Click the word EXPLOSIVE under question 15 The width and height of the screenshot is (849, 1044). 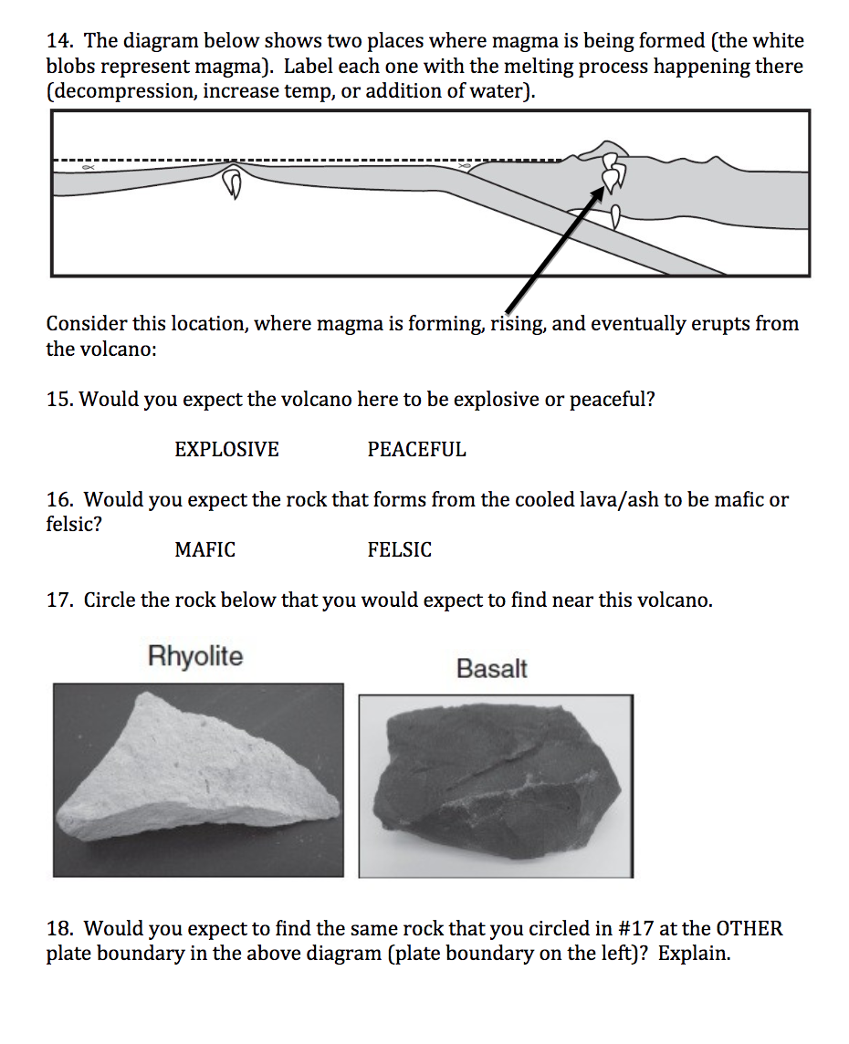226,450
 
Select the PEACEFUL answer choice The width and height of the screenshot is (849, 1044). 416,450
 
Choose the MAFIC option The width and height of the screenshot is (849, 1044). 204,550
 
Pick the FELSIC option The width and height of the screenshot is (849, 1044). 400,550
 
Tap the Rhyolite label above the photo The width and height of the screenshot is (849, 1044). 195,656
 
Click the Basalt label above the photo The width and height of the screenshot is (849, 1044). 492,669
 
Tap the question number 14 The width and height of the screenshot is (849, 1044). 61,41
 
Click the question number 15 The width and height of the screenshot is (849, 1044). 61,400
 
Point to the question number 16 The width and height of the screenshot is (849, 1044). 61,500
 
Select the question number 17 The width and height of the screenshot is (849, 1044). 61,600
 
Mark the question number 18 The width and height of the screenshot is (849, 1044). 61,929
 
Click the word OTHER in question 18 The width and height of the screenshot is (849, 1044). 749,929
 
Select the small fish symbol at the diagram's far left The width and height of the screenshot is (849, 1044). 87,168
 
